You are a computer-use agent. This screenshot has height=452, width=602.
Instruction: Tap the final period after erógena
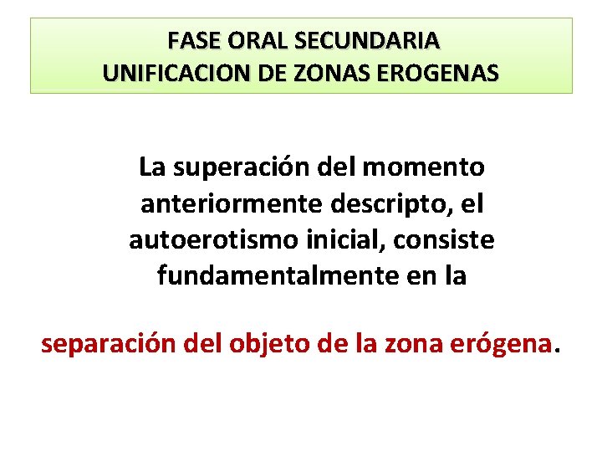pos(559,350)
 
